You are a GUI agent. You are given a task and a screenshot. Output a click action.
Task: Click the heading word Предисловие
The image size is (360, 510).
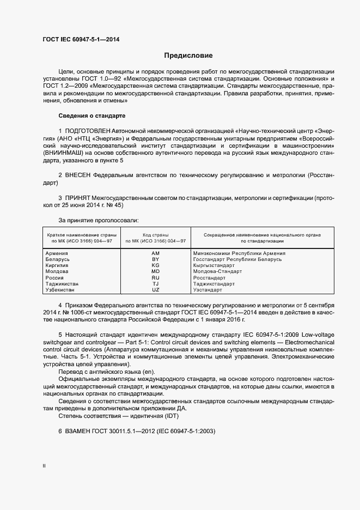188,56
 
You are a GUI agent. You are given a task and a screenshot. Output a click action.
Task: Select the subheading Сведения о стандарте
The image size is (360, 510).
92,116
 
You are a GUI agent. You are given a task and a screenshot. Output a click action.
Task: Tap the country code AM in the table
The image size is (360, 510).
155,253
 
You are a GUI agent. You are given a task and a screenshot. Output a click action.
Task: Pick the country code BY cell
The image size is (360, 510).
155,259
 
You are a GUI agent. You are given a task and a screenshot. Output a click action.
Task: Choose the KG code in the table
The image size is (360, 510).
155,265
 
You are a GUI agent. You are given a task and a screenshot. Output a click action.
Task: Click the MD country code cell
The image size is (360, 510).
155,271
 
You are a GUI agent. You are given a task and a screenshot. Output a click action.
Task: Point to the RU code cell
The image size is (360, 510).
155,278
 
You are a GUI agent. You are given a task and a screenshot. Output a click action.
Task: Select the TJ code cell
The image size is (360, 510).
155,284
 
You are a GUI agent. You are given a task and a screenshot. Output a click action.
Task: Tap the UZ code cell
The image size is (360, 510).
155,290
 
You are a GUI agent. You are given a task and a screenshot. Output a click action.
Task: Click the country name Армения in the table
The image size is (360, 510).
57,253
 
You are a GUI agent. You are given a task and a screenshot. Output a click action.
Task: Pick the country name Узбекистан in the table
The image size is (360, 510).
60,290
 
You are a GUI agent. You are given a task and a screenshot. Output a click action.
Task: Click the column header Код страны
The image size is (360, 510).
155,234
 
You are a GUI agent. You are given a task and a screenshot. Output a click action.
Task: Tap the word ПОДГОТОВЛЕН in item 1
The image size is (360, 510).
88,131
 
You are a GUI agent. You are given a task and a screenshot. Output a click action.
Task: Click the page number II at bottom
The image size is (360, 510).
44,466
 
